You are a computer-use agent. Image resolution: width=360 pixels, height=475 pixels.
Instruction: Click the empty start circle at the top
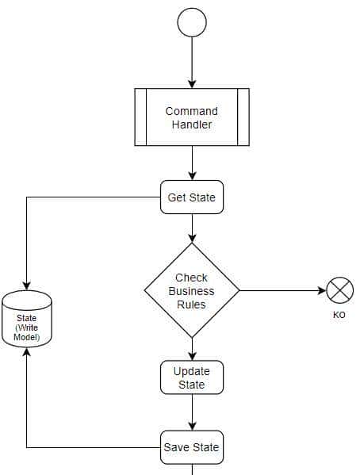pos(192,22)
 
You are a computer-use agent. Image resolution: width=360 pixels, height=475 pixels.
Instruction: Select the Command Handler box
pos(192,117)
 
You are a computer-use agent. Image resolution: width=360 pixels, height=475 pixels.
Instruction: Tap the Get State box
pos(192,197)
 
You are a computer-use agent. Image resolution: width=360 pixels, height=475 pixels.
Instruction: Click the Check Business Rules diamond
pos(192,291)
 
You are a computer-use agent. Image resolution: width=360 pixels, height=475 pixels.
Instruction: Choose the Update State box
pos(192,377)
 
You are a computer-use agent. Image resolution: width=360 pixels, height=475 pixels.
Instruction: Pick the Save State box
pos(192,447)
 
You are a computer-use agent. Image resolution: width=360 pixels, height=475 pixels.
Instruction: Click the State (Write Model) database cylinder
pos(27,320)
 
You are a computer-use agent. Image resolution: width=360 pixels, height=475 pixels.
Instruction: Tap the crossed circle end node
pos(340,291)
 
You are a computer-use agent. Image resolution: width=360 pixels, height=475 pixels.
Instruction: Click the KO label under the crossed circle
pos(339,316)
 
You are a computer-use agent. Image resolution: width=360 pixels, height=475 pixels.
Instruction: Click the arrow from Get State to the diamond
pos(192,228)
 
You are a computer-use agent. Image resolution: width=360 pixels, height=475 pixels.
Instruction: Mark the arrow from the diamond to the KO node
pos(281,291)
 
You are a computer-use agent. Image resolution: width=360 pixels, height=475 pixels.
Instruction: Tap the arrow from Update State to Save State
pos(192,412)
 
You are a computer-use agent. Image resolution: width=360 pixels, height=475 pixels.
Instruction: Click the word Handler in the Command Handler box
pos(192,124)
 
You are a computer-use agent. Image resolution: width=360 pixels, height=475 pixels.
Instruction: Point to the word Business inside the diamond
pos(192,291)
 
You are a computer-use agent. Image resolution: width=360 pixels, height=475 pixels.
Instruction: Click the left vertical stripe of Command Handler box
pos(140,117)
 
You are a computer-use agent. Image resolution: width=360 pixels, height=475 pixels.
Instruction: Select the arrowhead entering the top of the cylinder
pos(27,286)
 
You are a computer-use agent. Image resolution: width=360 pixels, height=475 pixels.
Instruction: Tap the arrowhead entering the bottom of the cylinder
pos(27,354)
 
